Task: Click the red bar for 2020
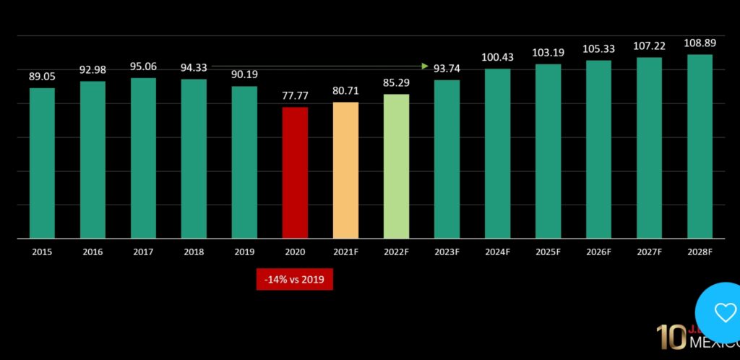[295, 172]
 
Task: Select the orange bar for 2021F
[345, 170]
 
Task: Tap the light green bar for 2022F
[396, 166]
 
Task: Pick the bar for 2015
[42, 163]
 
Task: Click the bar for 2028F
[700, 146]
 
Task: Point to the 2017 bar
[143, 158]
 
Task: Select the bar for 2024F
[497, 153]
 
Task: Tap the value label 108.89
[699, 43]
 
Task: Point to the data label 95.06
[143, 67]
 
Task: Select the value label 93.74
[447, 69]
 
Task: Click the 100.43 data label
[497, 57]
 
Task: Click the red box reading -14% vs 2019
[295, 279]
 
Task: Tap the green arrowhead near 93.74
[425, 67]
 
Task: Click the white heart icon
[724, 313]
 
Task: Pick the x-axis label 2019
[244, 252]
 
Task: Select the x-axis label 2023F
[447, 252]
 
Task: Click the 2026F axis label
[598, 252]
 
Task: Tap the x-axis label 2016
[92, 252]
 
